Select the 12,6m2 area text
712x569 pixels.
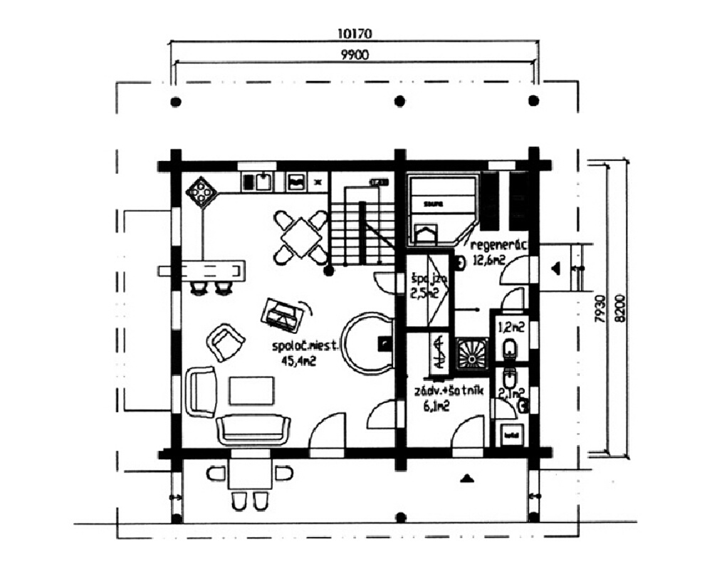489,261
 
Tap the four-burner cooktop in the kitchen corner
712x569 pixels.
202,191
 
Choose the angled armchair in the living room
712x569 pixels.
226,342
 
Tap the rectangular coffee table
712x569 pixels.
251,391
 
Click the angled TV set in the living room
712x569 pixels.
283,315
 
